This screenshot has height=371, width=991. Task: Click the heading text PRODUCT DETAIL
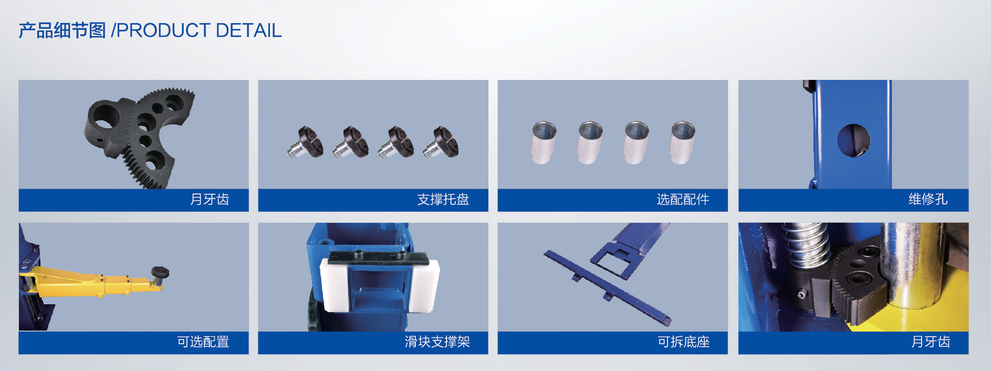pyautogui.click(x=199, y=30)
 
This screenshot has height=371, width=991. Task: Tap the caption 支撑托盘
pyautogui.click(x=443, y=200)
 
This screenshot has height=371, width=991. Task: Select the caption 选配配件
pyautogui.click(x=683, y=200)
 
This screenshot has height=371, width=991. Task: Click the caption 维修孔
pyautogui.click(x=928, y=199)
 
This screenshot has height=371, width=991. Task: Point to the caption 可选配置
pyautogui.click(x=203, y=342)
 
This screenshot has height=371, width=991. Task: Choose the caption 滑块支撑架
pyautogui.click(x=437, y=342)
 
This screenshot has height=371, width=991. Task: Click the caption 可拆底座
pyautogui.click(x=684, y=342)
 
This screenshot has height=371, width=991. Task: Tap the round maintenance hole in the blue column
pyautogui.click(x=853, y=140)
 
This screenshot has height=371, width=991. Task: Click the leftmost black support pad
pyautogui.click(x=306, y=142)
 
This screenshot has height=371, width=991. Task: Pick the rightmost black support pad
pyautogui.click(x=441, y=142)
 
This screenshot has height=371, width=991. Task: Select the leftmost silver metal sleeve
pyautogui.click(x=544, y=142)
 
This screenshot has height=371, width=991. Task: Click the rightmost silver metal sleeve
pyautogui.click(x=683, y=142)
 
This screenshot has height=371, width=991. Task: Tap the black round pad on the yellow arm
pyautogui.click(x=160, y=273)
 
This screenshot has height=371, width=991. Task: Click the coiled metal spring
pyautogui.click(x=806, y=244)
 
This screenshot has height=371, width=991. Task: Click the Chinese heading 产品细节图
pyautogui.click(x=62, y=30)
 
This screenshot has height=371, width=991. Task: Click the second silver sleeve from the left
pyautogui.click(x=590, y=142)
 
